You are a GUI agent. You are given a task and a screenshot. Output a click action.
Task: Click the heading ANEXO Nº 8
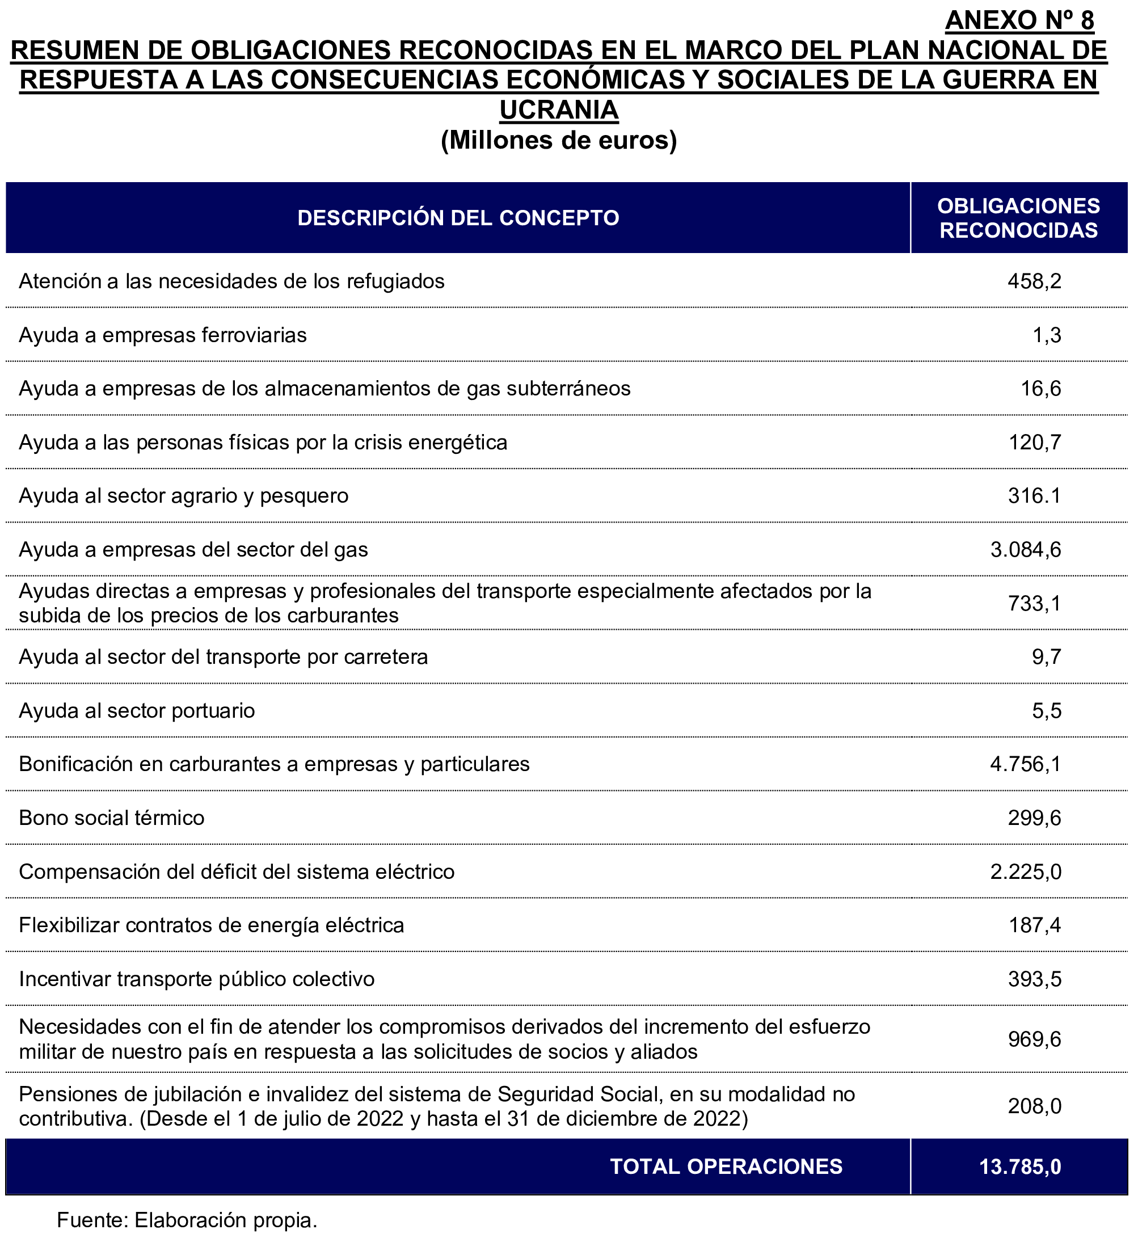pos(1019,20)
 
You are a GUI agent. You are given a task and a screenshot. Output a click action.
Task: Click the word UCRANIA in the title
pos(558,110)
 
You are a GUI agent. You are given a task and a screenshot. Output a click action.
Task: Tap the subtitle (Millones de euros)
pos(558,140)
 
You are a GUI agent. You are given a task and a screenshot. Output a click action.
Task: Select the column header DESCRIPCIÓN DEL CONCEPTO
pos(458,218)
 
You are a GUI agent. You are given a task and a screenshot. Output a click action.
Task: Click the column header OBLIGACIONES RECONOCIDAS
pos(1018,218)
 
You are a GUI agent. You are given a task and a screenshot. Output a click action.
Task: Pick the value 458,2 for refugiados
pos(1034,281)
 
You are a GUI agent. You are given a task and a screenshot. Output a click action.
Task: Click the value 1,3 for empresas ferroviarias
pos(1046,335)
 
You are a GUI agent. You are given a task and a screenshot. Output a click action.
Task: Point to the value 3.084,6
pos(1025,550)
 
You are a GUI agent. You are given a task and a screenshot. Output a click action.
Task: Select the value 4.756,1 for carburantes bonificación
pos(1025,764)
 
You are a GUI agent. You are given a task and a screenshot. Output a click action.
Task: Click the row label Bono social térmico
pos(112,818)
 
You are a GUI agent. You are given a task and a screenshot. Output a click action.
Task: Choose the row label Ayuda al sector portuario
pos(137,711)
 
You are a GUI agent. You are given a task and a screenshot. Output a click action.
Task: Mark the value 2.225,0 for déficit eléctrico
pos(1025,871)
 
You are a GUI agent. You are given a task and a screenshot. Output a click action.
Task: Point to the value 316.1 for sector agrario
pos(1034,496)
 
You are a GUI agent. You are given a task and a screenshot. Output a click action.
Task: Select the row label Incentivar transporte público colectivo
pos(197,979)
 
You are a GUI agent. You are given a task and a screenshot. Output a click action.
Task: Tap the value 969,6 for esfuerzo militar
pos(1034,1039)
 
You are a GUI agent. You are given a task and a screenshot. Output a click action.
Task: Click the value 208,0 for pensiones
pos(1034,1106)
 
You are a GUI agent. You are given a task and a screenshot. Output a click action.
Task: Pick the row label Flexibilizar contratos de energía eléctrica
pos(212,925)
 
